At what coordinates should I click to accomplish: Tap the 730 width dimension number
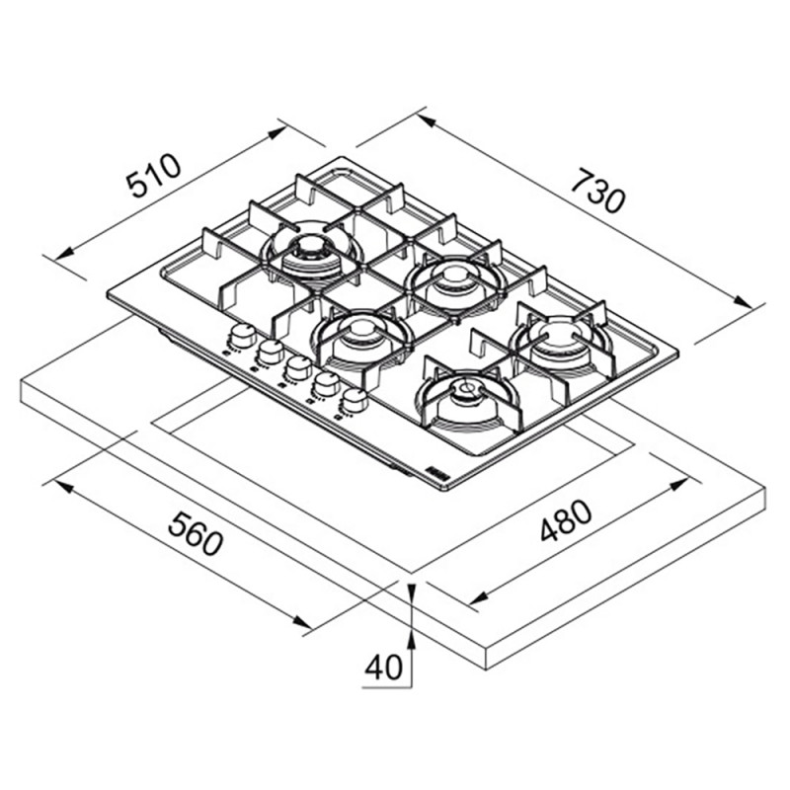tap(598, 191)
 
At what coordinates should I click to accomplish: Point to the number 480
tap(566, 520)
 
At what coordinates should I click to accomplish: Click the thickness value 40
tap(383, 668)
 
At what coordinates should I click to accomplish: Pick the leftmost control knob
tap(242, 336)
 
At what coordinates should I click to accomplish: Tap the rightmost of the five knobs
tap(355, 401)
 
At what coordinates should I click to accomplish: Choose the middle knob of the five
tap(298, 368)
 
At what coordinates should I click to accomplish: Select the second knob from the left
tap(271, 352)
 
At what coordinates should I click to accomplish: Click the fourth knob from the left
tap(326, 384)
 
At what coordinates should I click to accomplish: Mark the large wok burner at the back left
tap(312, 251)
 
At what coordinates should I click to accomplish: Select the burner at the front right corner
tap(466, 398)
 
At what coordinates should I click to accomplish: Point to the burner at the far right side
tap(561, 341)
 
